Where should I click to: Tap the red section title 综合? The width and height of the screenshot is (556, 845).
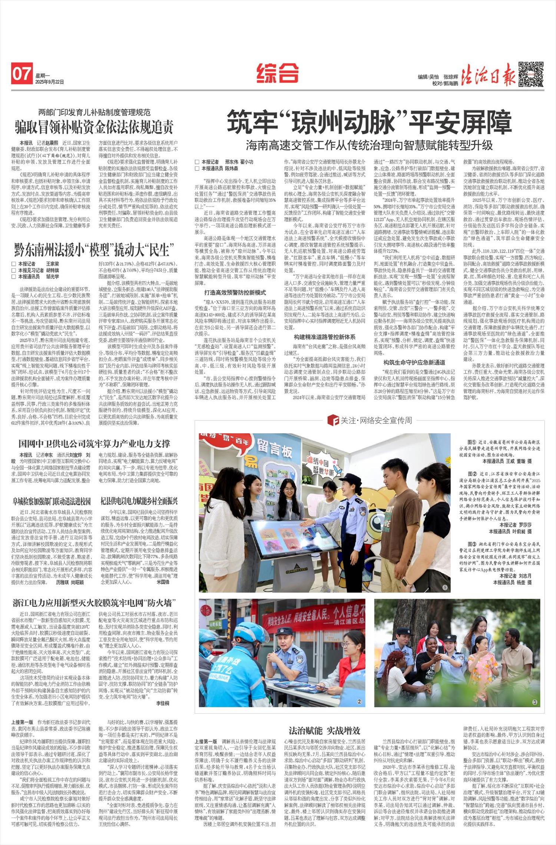277,73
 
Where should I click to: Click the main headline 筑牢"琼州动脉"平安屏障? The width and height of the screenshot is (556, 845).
369,122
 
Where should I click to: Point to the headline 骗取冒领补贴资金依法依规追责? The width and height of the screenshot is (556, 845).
94,127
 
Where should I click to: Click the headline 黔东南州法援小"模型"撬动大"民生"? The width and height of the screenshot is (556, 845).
94,249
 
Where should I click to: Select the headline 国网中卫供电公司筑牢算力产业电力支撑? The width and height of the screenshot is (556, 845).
94,443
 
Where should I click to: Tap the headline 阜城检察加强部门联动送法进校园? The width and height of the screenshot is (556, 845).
52,501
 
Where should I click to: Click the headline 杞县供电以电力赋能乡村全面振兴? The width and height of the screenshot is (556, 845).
139,501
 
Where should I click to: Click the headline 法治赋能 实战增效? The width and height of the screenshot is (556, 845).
324,730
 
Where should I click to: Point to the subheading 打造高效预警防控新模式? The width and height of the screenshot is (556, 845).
235,293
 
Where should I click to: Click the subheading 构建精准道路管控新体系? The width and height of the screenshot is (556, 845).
324,337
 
